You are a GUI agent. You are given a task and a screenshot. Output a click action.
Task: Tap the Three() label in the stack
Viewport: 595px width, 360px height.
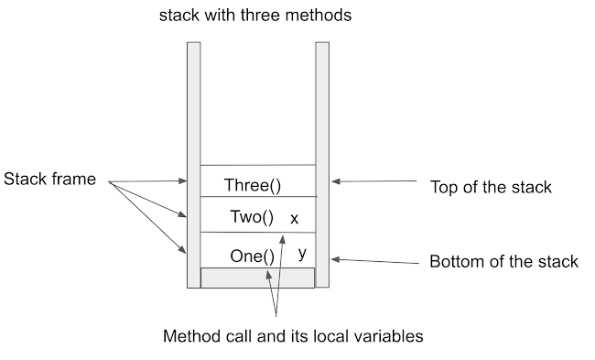(x=253, y=186)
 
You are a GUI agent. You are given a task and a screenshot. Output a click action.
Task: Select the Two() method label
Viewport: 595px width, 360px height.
(x=252, y=218)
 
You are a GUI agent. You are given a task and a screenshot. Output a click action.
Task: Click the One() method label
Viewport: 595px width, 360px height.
(x=252, y=256)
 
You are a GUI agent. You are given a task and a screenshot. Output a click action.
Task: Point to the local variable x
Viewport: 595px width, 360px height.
(x=294, y=219)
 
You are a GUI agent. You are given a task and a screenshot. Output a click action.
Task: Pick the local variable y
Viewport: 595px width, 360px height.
(x=302, y=251)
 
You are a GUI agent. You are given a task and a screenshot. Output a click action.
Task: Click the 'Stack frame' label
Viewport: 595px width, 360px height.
(x=50, y=180)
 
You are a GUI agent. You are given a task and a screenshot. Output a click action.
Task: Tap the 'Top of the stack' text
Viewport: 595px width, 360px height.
(x=491, y=188)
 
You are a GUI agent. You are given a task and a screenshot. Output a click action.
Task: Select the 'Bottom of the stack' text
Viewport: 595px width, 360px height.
(x=503, y=262)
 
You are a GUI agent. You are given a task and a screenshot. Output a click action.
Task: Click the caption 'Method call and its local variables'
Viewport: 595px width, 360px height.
(x=293, y=336)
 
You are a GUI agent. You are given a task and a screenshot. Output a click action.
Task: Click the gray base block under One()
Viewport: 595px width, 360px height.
(x=257, y=278)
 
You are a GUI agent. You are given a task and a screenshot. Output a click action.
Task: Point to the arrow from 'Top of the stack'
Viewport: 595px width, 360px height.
(x=375, y=182)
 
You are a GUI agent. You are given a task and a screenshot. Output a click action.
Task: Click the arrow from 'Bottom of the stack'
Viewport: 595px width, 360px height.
(x=375, y=260)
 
